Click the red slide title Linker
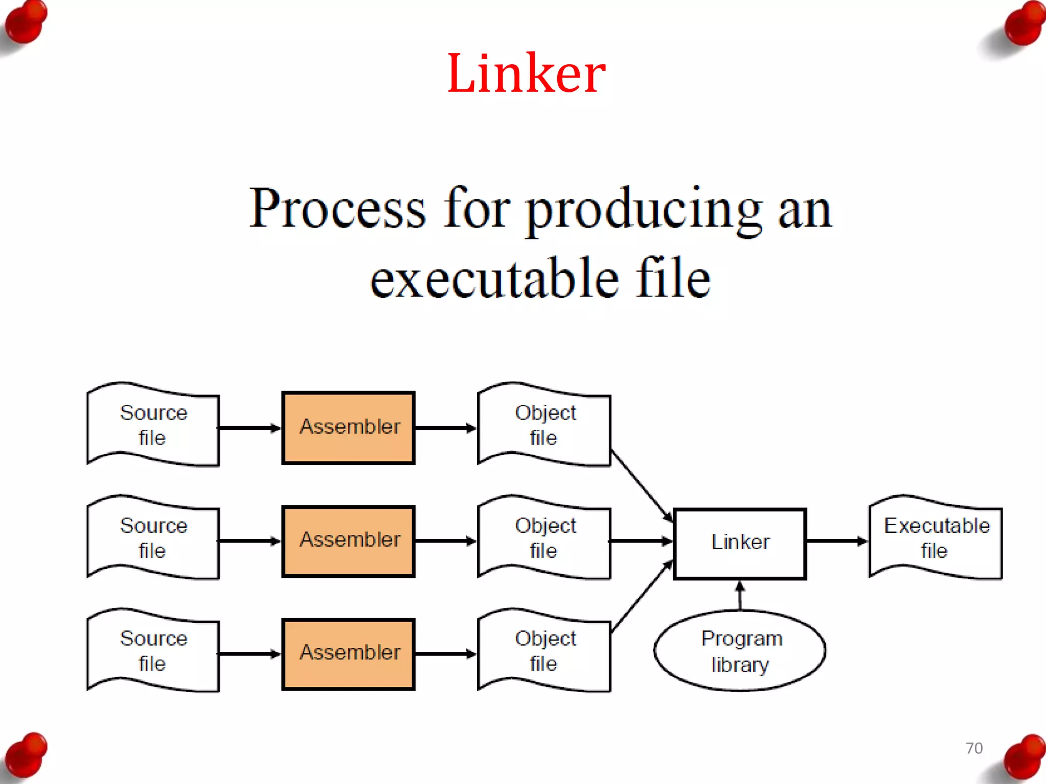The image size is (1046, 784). click(x=526, y=73)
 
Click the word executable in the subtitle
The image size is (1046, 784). click(x=493, y=279)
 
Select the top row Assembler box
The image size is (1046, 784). click(x=348, y=428)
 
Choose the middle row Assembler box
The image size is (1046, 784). click(x=348, y=541)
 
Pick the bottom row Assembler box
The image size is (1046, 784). click(x=348, y=654)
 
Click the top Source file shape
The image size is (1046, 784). click(x=153, y=425)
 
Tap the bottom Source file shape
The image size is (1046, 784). click(x=153, y=651)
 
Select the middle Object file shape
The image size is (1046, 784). click(x=544, y=538)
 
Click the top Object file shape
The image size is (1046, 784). click(x=544, y=425)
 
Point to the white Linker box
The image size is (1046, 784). click(x=740, y=543)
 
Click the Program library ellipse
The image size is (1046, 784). click(x=740, y=651)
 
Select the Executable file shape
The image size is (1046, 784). click(x=936, y=538)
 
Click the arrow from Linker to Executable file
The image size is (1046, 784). click(x=837, y=541)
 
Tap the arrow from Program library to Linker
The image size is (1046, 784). click(x=740, y=596)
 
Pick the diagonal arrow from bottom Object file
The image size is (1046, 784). click(x=641, y=597)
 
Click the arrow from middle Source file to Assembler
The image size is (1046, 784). click(x=249, y=541)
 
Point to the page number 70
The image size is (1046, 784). click(x=974, y=748)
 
